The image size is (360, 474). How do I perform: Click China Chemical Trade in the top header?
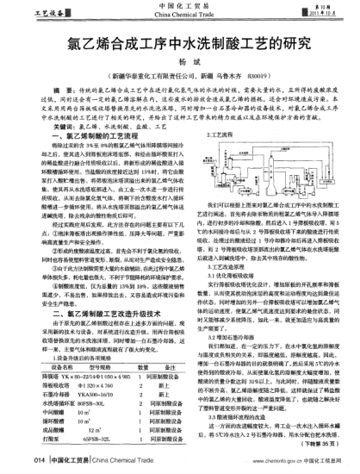click(x=180, y=16)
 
